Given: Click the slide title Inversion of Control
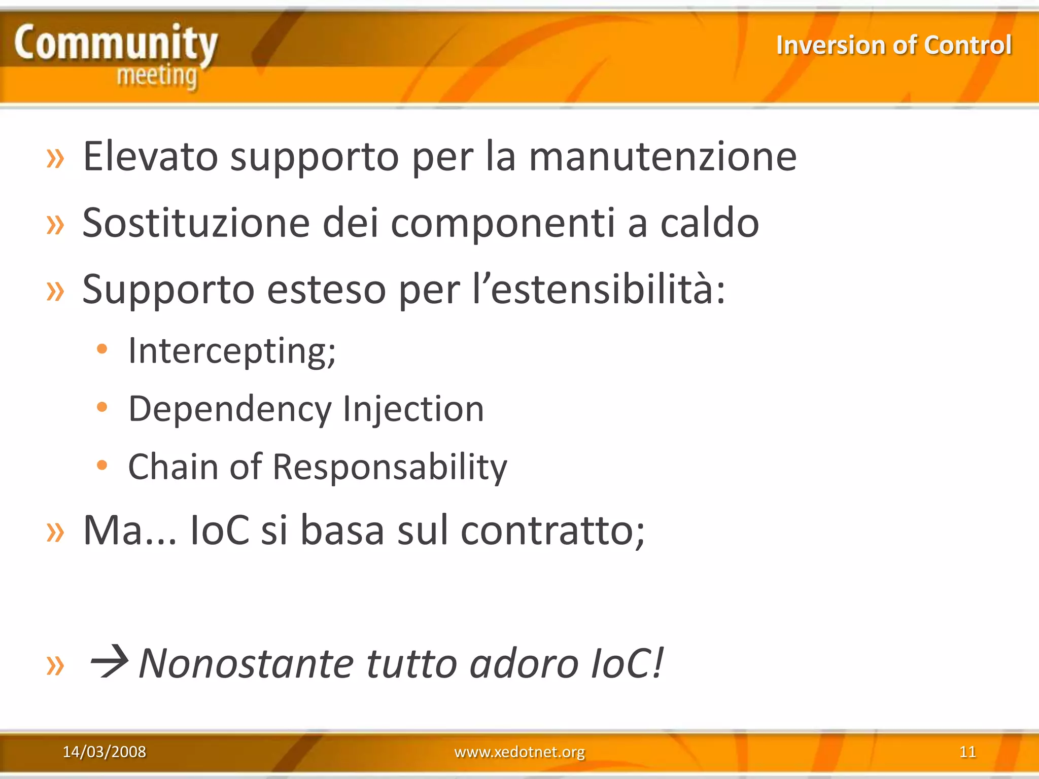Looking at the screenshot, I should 894,45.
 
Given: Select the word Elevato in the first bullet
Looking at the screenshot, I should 150,156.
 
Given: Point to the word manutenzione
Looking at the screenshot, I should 663,156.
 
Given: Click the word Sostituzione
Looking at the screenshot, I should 196,223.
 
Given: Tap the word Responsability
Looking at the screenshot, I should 390,467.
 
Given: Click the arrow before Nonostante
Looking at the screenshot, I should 109,661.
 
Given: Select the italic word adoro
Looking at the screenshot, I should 524,663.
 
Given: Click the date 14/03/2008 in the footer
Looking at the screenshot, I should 104,752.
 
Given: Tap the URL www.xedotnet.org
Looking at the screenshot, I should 519,752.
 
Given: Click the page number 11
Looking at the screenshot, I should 967,752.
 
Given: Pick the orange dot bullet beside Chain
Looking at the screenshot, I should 102,465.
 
